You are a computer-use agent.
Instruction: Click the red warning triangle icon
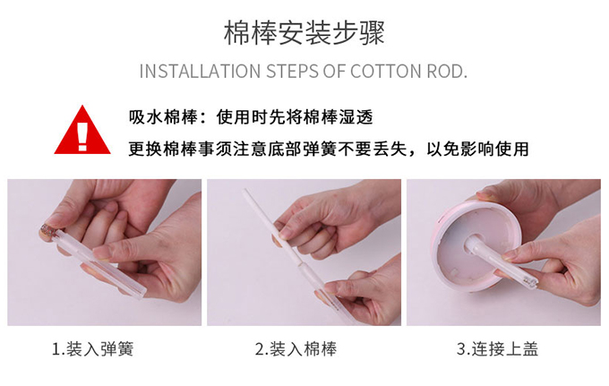coord(82,131)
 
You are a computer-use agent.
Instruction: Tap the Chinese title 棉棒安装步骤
coord(304,33)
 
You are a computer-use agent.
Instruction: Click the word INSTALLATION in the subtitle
coord(200,72)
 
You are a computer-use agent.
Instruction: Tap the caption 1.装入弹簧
coord(92,349)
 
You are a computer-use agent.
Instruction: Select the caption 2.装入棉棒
coord(296,349)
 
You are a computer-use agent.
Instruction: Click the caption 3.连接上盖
coord(498,349)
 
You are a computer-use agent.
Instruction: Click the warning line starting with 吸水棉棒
coord(251,117)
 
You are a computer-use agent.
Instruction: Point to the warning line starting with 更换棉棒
coord(329,149)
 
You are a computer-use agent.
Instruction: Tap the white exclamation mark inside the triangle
coord(82,136)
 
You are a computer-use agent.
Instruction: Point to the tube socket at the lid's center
coord(472,244)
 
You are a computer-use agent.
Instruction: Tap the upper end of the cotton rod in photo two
coord(245,191)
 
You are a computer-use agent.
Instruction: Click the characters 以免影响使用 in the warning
coord(477,149)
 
